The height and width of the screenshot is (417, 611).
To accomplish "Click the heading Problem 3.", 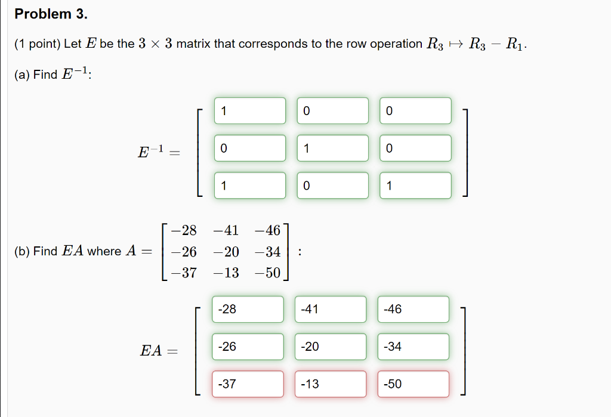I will point(51,14).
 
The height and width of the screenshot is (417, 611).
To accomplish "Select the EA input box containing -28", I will point(248,309).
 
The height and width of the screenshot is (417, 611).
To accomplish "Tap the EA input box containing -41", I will point(330,309).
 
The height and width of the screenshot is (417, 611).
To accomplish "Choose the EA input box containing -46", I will point(413,309).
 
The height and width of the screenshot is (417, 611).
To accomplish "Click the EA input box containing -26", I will point(248,347).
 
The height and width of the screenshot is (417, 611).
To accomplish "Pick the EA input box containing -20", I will point(330,347).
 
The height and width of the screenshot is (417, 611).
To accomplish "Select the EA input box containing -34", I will point(413,347).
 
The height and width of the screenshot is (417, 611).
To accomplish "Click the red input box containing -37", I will point(248,384).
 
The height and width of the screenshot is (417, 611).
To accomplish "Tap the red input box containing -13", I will point(330,384).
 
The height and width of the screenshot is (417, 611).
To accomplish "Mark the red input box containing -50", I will point(413,384).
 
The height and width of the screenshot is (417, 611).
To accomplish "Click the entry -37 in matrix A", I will point(183,273).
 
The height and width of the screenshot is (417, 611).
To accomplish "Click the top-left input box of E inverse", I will point(250,111).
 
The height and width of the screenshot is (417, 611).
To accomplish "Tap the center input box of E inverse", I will point(333,148).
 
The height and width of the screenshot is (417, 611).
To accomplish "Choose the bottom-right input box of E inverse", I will point(416,186).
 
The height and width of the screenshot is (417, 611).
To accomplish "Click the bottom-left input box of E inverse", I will point(250,186).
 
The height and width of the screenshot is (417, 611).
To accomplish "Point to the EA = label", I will point(159,351).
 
